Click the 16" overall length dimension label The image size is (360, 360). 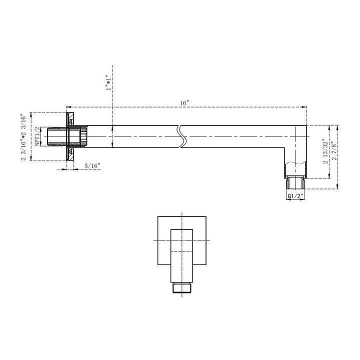coord(185,102)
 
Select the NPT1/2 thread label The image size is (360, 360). coord(37,136)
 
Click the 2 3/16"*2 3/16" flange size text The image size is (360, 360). coord(23,136)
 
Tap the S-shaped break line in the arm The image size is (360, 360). coord(182,135)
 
